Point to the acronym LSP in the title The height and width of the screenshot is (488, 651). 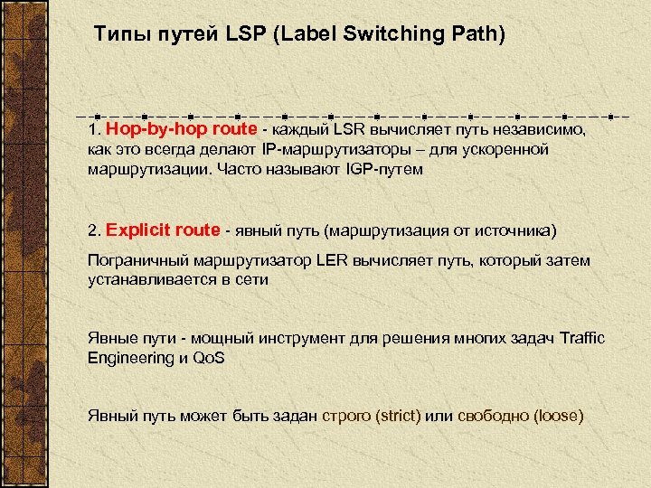[241, 35]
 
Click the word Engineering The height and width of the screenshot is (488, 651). [127, 358]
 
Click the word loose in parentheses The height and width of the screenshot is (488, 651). [558, 417]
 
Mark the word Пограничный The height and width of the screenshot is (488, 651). [137, 260]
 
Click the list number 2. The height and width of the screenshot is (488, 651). [93, 230]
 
